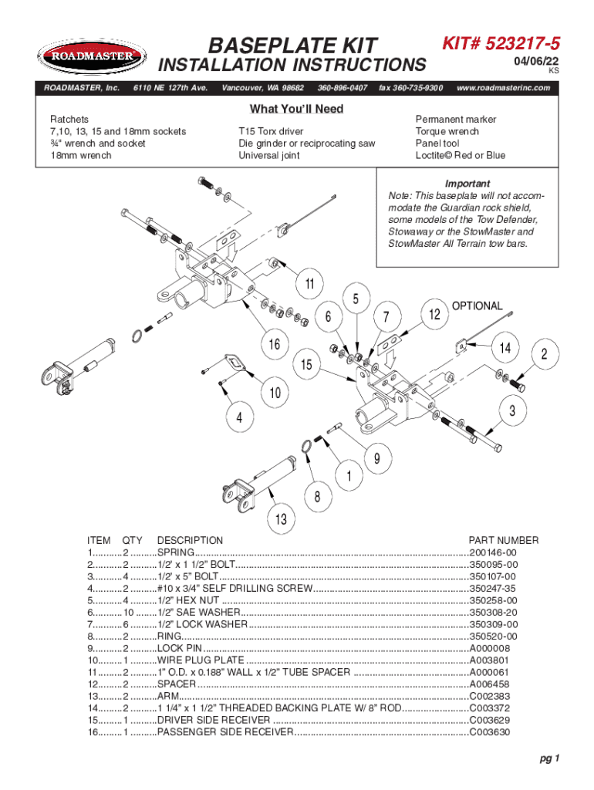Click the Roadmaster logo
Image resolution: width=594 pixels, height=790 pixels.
point(91,56)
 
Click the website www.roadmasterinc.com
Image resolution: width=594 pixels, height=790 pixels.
point(504,88)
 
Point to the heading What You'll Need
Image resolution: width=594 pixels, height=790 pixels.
point(296,110)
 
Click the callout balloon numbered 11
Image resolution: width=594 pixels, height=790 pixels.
point(309,284)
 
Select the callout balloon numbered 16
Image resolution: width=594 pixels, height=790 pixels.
point(274,344)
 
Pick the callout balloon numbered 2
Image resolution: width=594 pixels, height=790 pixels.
point(545,355)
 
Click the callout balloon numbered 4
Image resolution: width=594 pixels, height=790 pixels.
point(239,418)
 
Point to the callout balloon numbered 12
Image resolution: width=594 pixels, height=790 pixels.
point(434,314)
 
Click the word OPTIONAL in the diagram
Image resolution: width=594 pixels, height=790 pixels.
point(477,306)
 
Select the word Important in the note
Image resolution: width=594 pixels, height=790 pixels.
point(467,184)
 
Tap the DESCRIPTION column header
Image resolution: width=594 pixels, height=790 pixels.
point(190,541)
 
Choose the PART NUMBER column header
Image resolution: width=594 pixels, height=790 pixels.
point(504,541)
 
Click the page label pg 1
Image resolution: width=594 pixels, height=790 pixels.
point(549,758)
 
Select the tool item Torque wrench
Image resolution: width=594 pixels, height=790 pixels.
point(447,132)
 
